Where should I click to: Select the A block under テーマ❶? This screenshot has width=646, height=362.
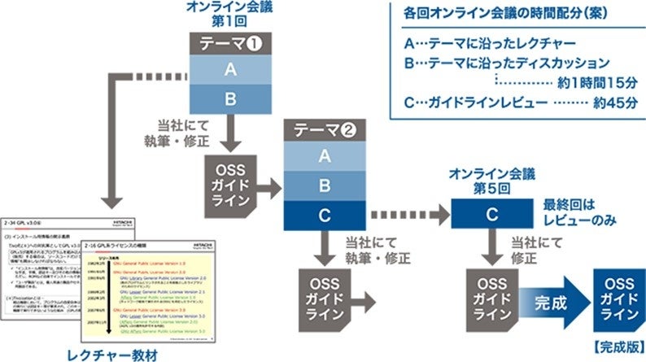231,72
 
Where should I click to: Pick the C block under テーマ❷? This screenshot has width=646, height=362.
325,215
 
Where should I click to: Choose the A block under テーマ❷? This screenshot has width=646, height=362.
325,156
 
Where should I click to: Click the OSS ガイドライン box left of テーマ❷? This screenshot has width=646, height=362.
232,178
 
